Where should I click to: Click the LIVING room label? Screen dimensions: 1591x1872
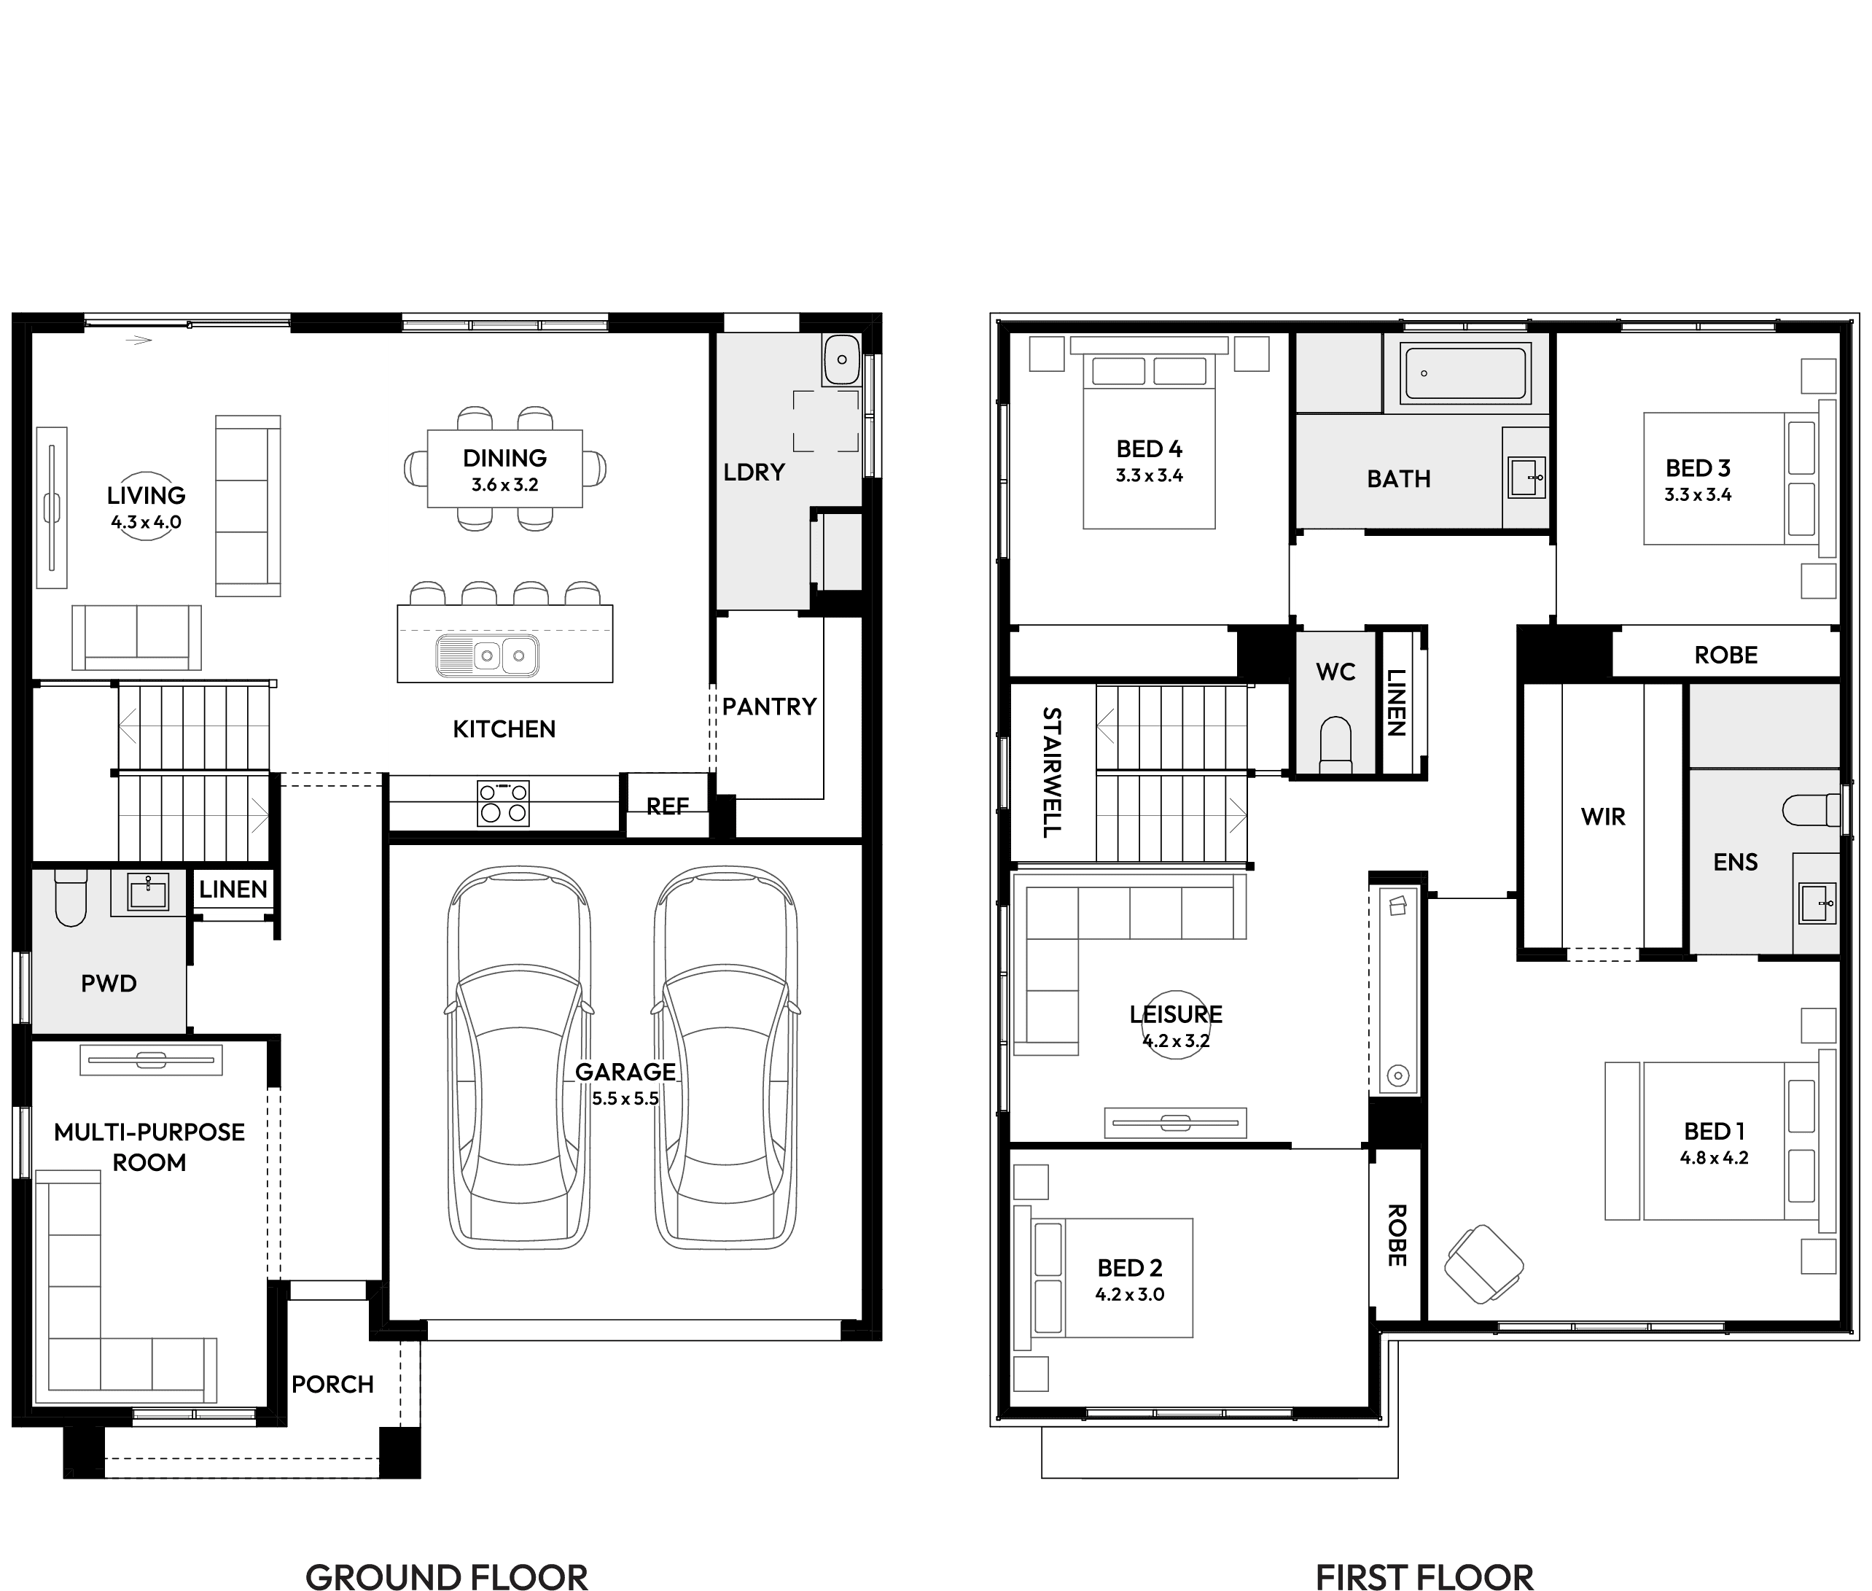(146, 495)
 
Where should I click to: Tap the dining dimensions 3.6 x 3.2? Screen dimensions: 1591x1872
(505, 485)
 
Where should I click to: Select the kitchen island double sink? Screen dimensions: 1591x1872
(488, 656)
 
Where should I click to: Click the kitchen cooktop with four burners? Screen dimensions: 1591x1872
(503, 804)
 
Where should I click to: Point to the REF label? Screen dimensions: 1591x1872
(667, 806)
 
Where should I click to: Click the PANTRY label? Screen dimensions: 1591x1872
(769, 707)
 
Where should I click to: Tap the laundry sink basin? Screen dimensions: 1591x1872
(841, 359)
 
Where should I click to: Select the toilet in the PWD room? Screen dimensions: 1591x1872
(70, 898)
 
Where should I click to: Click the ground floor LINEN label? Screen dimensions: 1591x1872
(233, 890)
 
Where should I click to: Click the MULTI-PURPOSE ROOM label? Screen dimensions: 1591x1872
(149, 1147)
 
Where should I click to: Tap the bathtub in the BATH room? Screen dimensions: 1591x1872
(1465, 373)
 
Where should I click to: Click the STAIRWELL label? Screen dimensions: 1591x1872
(1051, 772)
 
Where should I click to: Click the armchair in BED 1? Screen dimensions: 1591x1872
(1483, 1264)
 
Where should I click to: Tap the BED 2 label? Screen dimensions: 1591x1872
(1130, 1268)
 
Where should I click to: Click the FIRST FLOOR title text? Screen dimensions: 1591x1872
(1424, 1574)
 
